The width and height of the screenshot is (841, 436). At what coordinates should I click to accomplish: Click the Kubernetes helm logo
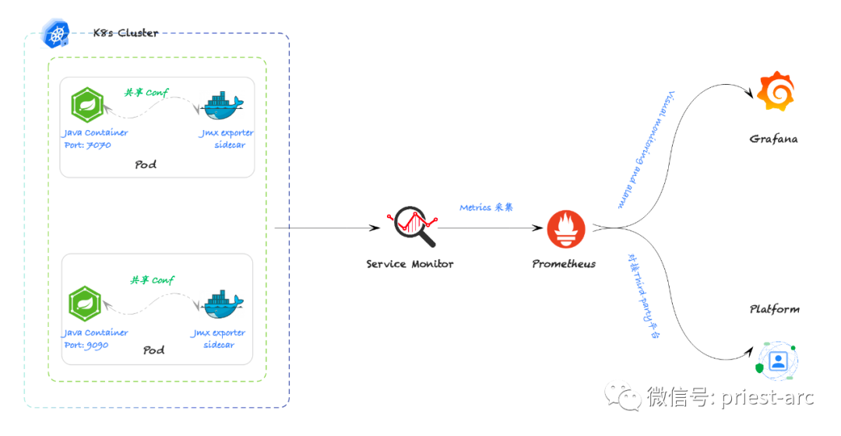pyautogui.click(x=56, y=34)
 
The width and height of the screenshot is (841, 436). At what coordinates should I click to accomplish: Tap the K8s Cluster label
pyautogui.click(x=126, y=33)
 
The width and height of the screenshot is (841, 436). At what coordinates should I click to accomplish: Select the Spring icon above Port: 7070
pyautogui.click(x=87, y=104)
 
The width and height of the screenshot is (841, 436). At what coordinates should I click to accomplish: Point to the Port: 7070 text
pyautogui.click(x=87, y=145)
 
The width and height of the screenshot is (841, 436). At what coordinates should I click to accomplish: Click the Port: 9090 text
pyautogui.click(x=86, y=345)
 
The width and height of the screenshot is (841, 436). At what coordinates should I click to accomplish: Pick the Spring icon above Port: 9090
pyautogui.click(x=85, y=304)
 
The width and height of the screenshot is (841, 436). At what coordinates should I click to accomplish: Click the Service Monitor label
pyautogui.click(x=410, y=264)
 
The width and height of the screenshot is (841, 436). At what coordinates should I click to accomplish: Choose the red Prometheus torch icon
pyautogui.click(x=566, y=229)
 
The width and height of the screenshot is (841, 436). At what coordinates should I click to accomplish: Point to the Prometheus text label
pyautogui.click(x=564, y=264)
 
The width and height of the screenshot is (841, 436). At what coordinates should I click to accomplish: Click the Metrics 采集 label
pyautogui.click(x=486, y=208)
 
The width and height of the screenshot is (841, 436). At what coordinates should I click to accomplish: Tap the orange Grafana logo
pyautogui.click(x=776, y=91)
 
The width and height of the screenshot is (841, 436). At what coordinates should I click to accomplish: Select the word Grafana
pyautogui.click(x=773, y=139)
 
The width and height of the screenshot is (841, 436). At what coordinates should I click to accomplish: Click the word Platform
pyautogui.click(x=775, y=309)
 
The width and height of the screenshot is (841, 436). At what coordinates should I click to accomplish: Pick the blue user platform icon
pyautogui.click(x=777, y=360)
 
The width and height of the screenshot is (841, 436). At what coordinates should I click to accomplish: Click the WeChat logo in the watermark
pyautogui.click(x=623, y=396)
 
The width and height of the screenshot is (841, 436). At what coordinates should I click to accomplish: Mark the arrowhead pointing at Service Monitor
pyautogui.click(x=375, y=228)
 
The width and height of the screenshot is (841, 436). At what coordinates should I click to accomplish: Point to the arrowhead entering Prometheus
pyautogui.click(x=537, y=228)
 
